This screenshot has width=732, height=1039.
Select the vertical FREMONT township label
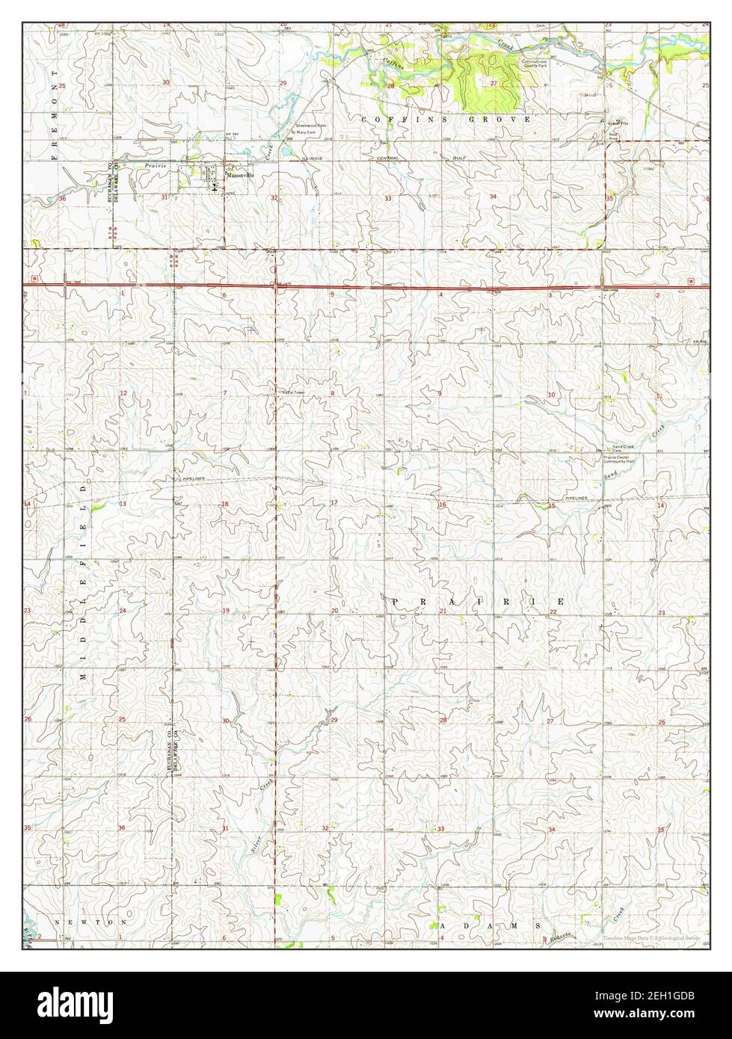[x=54, y=112]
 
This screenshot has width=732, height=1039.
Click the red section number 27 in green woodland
[x=493, y=84]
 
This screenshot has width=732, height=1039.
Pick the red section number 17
[x=334, y=503]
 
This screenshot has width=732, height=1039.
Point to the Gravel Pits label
[x=615, y=123]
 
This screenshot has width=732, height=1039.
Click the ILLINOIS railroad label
[x=313, y=158]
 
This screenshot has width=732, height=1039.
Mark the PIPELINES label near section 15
[x=576, y=498]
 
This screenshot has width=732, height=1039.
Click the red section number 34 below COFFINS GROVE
[x=493, y=196]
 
